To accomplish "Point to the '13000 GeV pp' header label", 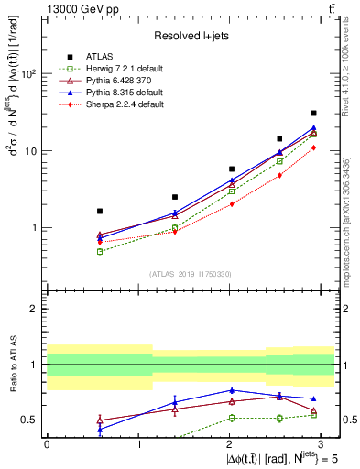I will coord(74,8).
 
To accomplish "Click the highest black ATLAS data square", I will coord(313,114).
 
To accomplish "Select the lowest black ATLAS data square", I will coord(100,211).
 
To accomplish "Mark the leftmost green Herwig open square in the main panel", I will coord(100,251).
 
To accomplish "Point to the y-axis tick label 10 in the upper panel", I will coord(32,151).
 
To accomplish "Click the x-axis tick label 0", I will coord(47,443).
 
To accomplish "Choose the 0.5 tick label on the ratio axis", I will coord(30,420).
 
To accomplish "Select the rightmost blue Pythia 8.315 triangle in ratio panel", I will coord(313,399).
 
